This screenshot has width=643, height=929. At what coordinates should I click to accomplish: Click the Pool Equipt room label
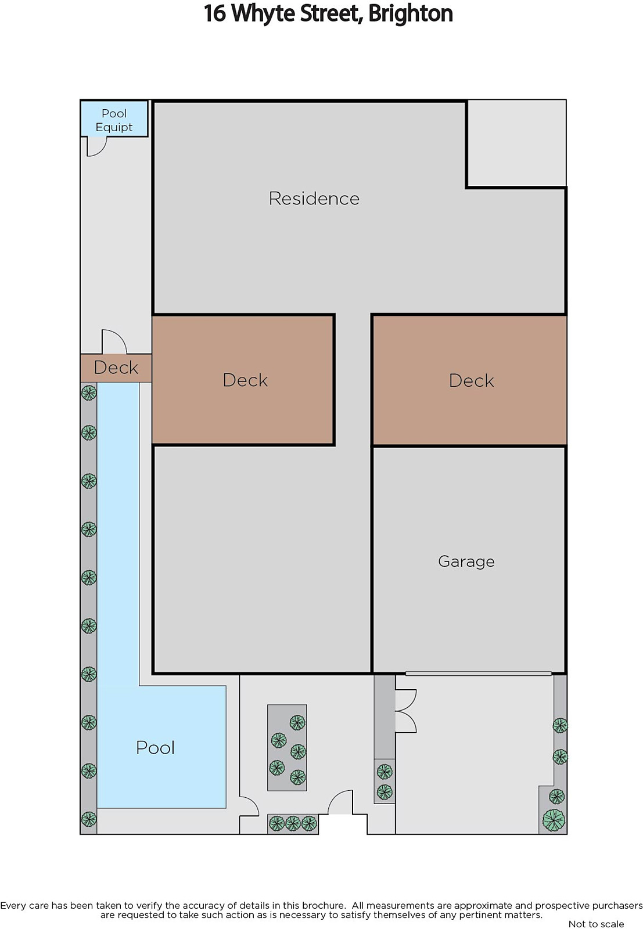(114, 120)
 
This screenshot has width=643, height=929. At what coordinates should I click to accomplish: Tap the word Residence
(314, 198)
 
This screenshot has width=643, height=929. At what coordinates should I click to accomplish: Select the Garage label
(466, 561)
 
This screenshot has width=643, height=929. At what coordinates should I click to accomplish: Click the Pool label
(156, 747)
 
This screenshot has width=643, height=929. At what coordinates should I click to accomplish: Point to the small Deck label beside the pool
(116, 368)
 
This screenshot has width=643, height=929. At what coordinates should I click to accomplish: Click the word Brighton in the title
(410, 13)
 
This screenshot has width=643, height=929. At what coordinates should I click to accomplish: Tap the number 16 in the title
(214, 13)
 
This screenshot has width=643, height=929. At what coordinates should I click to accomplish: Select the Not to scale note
(596, 924)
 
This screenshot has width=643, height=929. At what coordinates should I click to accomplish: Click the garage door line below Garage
(478, 673)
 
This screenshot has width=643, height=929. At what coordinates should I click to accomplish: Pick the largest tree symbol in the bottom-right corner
(554, 820)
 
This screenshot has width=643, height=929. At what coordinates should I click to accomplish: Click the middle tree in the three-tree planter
(293, 823)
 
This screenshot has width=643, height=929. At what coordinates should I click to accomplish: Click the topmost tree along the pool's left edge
(89, 393)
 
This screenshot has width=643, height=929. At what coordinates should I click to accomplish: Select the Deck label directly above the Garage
(471, 381)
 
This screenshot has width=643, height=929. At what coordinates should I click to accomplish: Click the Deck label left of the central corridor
(245, 380)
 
